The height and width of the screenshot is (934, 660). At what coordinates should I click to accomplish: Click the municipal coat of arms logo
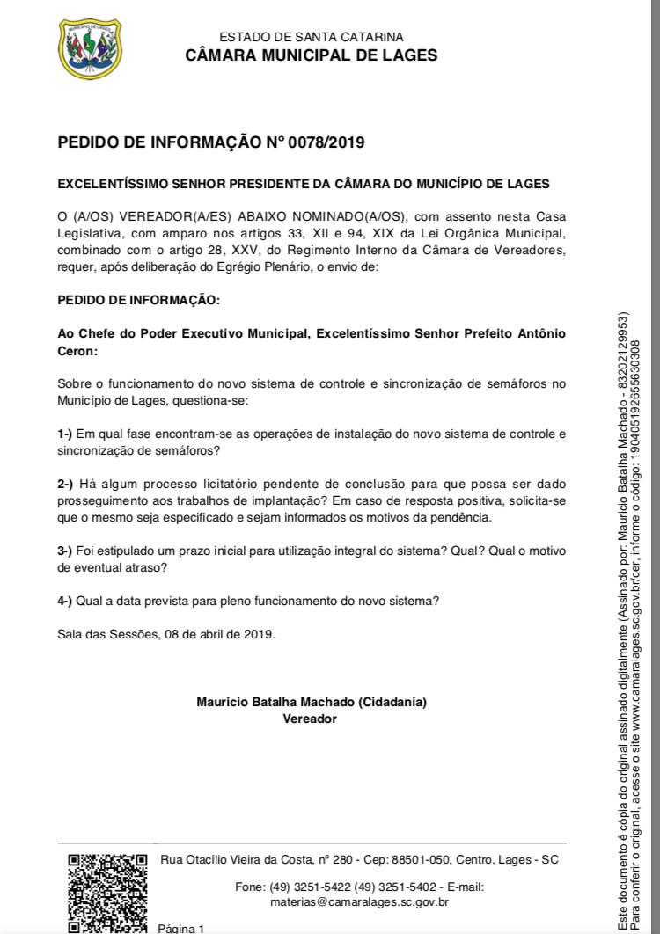(x=90, y=48)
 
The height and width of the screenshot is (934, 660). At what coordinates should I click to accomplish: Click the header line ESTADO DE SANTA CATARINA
(x=312, y=37)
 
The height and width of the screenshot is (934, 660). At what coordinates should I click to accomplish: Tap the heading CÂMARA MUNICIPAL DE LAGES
(x=312, y=55)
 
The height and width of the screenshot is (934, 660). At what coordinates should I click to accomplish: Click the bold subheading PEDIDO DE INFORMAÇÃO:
(x=138, y=300)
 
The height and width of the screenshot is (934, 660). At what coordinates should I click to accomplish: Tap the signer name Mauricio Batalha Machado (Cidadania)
(x=312, y=703)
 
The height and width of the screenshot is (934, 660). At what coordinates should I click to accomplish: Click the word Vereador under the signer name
(x=310, y=719)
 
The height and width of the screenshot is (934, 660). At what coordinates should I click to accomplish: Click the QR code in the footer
(x=107, y=892)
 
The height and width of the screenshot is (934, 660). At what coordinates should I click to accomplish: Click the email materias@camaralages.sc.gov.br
(x=360, y=901)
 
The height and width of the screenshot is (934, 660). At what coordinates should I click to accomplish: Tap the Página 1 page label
(x=181, y=928)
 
